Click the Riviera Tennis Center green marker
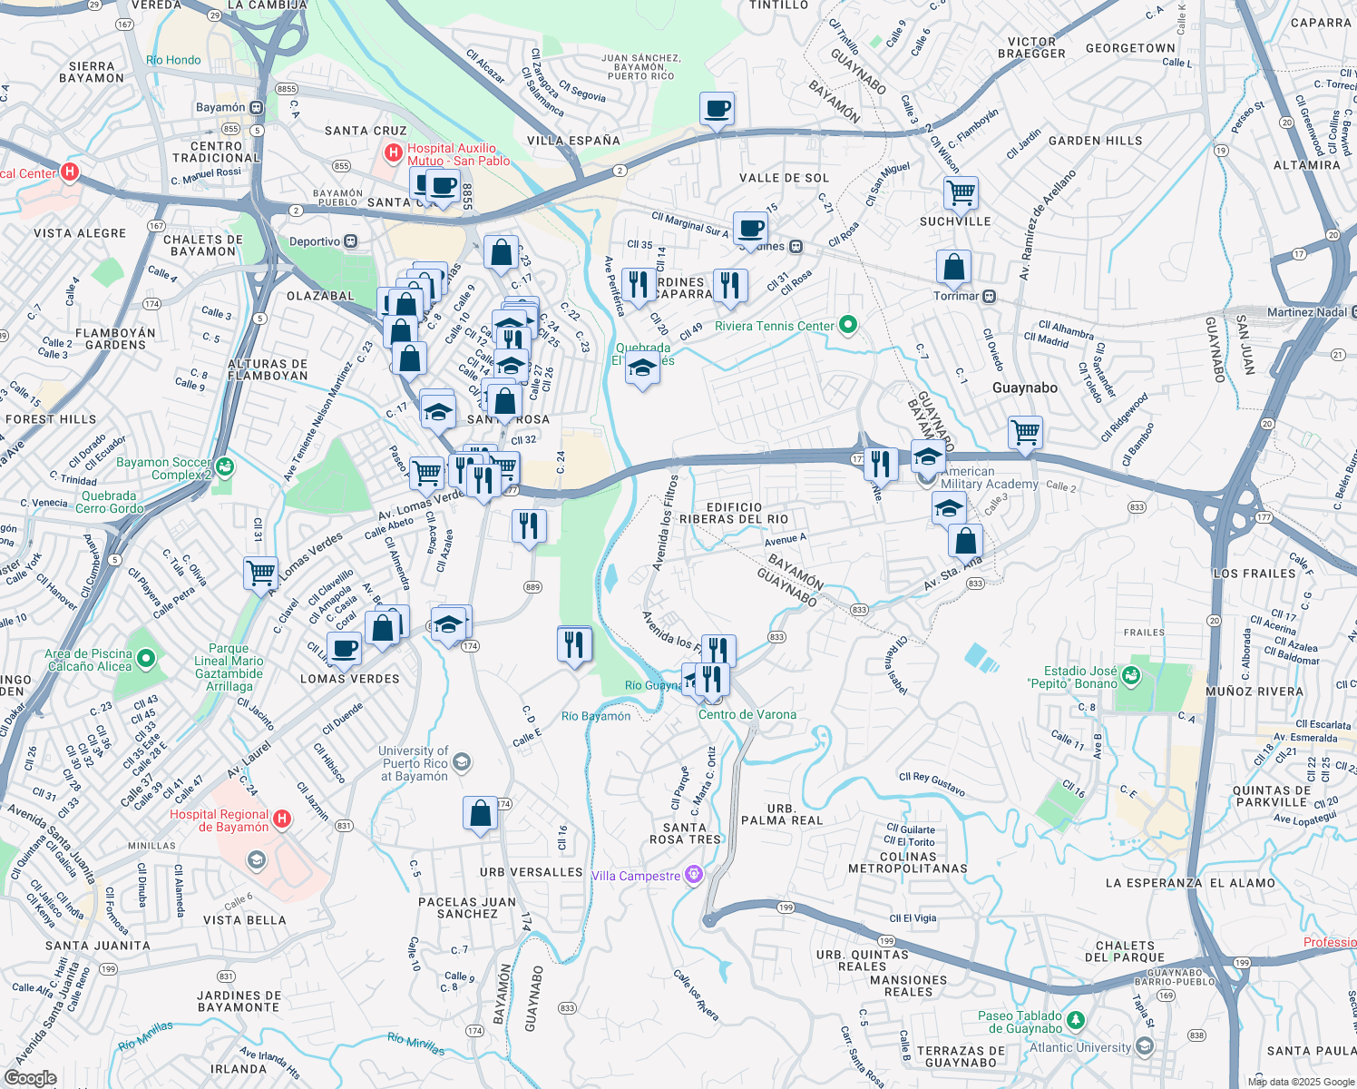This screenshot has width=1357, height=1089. (x=848, y=325)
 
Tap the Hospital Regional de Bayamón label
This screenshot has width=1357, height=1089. (x=219, y=820)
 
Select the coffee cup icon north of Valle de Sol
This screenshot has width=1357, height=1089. (x=717, y=109)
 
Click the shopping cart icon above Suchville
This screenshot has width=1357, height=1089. (x=960, y=192)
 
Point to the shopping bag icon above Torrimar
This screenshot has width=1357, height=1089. (x=953, y=268)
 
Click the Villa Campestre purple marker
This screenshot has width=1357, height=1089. (x=694, y=875)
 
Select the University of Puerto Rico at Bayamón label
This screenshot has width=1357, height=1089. (x=414, y=763)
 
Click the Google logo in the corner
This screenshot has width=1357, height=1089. (x=30, y=1077)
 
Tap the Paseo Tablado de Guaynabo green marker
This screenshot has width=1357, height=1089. (x=1075, y=1021)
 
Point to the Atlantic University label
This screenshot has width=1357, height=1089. (x=1080, y=1047)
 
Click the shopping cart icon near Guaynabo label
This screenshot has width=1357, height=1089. (x=1025, y=432)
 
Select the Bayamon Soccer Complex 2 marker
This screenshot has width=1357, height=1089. (x=225, y=467)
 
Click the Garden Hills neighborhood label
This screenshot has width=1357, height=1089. (x=1095, y=141)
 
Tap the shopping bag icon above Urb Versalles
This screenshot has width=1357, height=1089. (x=480, y=814)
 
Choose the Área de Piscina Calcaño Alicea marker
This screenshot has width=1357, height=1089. (x=146, y=658)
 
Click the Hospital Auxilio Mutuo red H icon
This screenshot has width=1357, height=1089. (x=394, y=152)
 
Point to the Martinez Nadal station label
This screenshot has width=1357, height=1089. (x=1306, y=312)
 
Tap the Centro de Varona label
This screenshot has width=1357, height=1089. (x=747, y=714)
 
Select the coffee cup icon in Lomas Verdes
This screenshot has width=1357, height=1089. (x=344, y=649)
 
